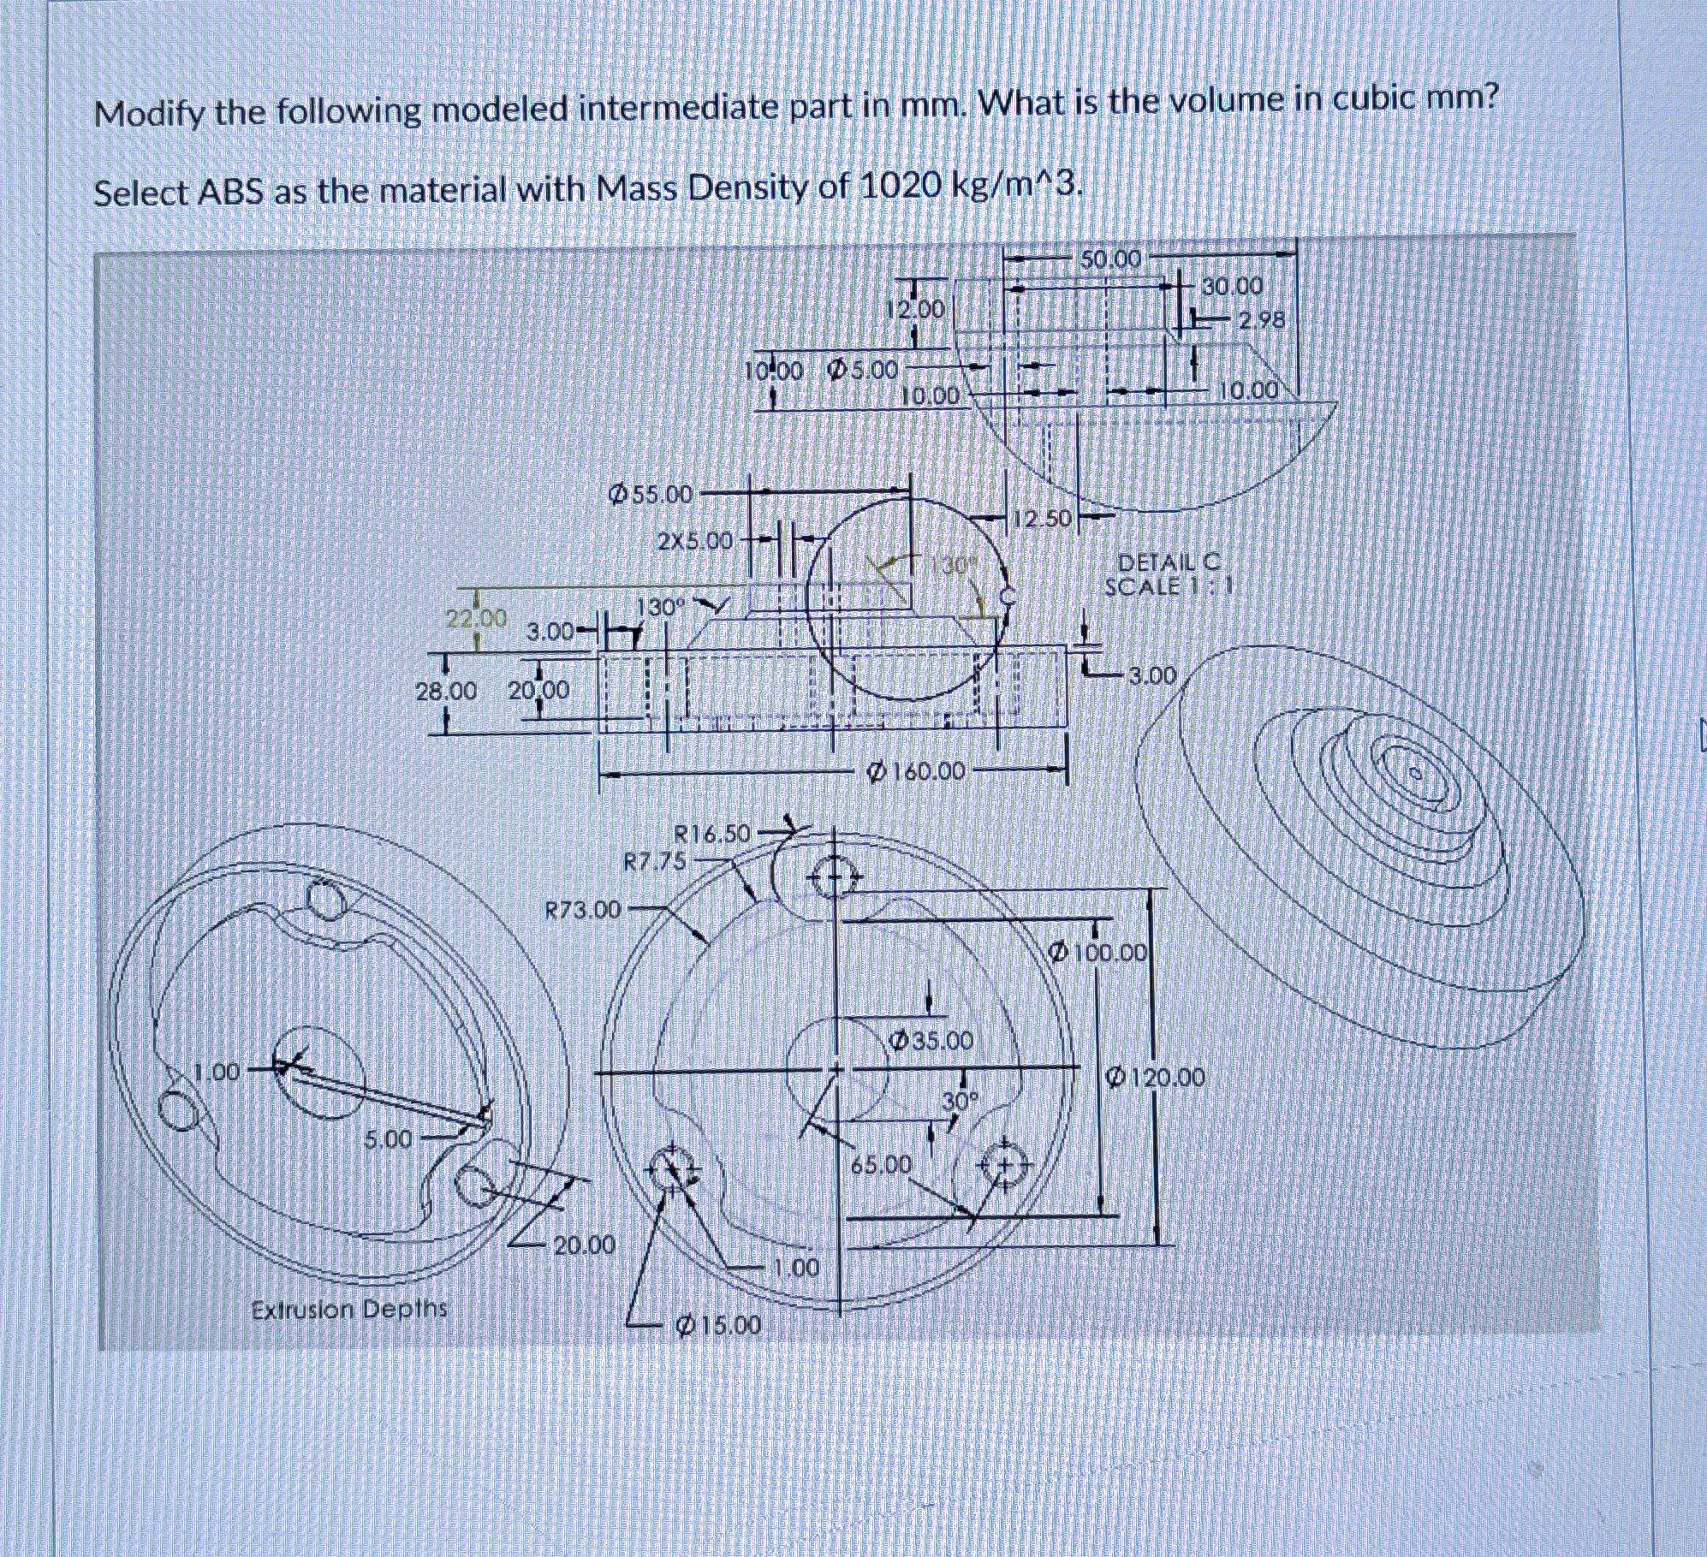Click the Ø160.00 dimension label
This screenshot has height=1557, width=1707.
click(x=917, y=772)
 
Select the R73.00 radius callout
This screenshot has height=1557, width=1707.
click(x=583, y=909)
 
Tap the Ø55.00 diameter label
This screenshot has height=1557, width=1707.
click(x=650, y=494)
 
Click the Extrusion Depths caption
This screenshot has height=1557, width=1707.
click(x=349, y=1309)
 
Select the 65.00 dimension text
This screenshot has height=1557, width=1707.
click(x=881, y=1164)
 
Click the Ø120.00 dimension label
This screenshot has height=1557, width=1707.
click(x=1156, y=1076)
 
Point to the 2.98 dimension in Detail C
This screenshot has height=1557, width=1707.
click(x=1261, y=320)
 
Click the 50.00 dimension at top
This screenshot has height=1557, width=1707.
click(x=1109, y=259)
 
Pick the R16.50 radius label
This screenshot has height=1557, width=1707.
click(x=712, y=833)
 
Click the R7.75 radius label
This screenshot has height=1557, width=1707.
click(x=655, y=861)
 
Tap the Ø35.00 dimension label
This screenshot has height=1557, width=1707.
click(x=931, y=1041)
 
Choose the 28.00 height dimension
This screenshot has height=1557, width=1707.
click(x=445, y=690)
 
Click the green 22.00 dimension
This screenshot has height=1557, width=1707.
click(x=477, y=618)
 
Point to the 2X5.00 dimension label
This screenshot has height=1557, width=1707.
click(x=695, y=541)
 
